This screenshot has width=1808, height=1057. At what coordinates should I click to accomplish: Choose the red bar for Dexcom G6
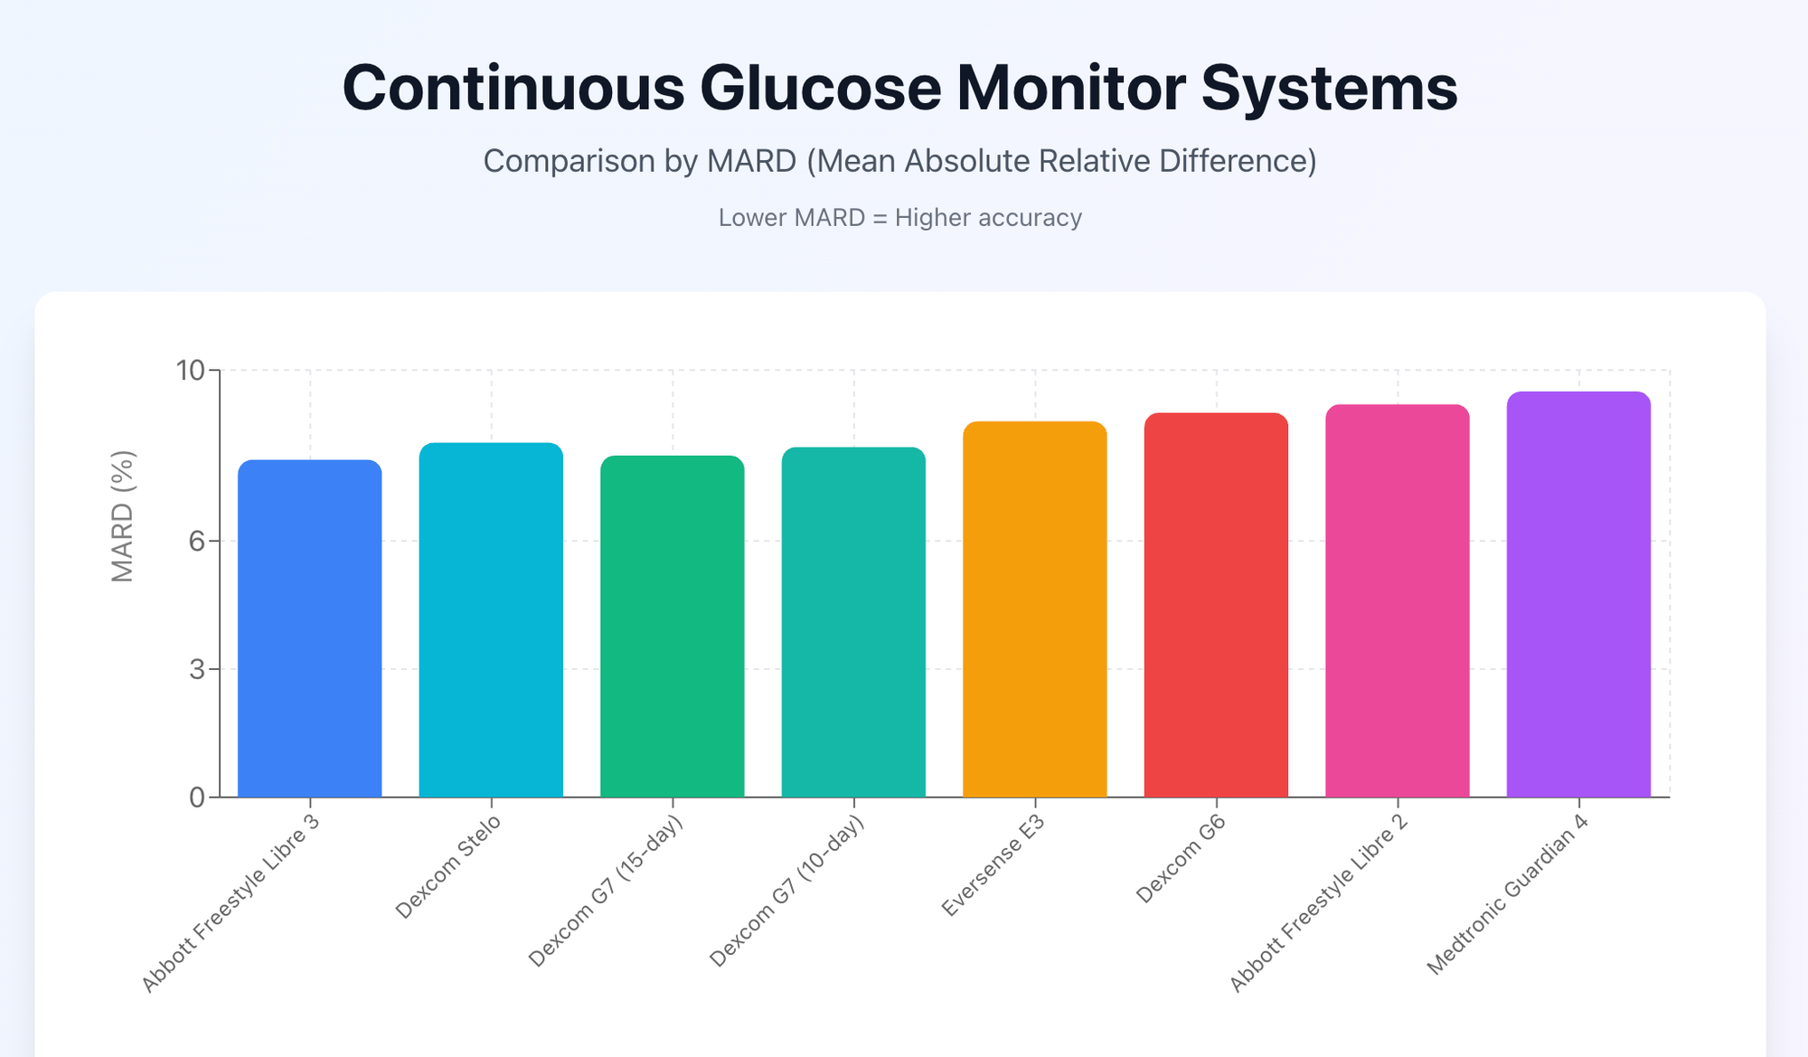pyautogui.click(x=1216, y=605)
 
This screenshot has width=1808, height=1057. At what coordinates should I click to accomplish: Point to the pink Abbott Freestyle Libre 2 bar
pyautogui.click(x=1397, y=601)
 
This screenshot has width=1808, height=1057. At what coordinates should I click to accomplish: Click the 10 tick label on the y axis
pyautogui.click(x=191, y=371)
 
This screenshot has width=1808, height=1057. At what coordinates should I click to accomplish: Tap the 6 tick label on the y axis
pyautogui.click(x=197, y=541)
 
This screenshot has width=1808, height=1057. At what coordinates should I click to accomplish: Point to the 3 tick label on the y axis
pyautogui.click(x=197, y=669)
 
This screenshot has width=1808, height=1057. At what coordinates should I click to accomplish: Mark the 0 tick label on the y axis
pyautogui.click(x=197, y=797)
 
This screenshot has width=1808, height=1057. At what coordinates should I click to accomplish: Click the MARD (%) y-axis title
pyautogui.click(x=122, y=516)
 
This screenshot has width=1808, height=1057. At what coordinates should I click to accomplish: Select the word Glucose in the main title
pyautogui.click(x=820, y=88)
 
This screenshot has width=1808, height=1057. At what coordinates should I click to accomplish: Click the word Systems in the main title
pyautogui.click(x=1329, y=88)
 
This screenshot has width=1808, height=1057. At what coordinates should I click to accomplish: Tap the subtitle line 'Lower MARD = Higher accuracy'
pyautogui.click(x=899, y=218)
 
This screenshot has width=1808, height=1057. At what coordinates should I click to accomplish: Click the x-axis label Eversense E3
pyautogui.click(x=993, y=866)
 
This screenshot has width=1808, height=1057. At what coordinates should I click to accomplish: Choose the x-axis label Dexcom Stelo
pyautogui.click(x=447, y=867)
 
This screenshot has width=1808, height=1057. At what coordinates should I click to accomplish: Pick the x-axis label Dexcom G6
pyautogui.click(x=1180, y=859)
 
